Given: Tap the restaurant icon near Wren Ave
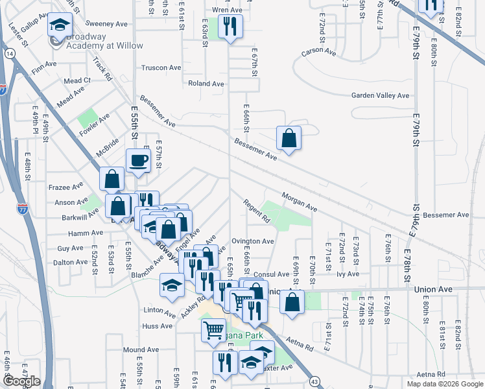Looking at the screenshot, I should (230, 27).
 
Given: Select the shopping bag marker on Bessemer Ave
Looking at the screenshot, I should (289, 139).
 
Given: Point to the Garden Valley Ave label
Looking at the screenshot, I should (381, 95).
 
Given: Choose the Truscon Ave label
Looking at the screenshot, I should (161, 67).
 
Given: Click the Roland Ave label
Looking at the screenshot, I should (206, 84).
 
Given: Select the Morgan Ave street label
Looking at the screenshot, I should (299, 201).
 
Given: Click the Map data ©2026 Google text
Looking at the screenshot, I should (445, 384).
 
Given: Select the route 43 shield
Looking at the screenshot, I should (314, 381).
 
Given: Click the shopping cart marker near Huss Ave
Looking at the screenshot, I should (214, 331).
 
